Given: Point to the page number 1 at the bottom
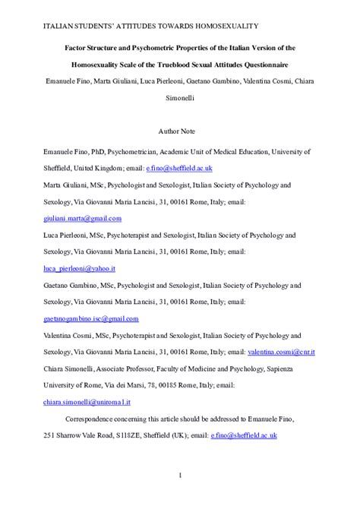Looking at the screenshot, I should click(x=180, y=475).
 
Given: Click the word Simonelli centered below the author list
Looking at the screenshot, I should click(x=179, y=98).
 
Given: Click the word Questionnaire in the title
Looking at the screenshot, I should click(x=267, y=64).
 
